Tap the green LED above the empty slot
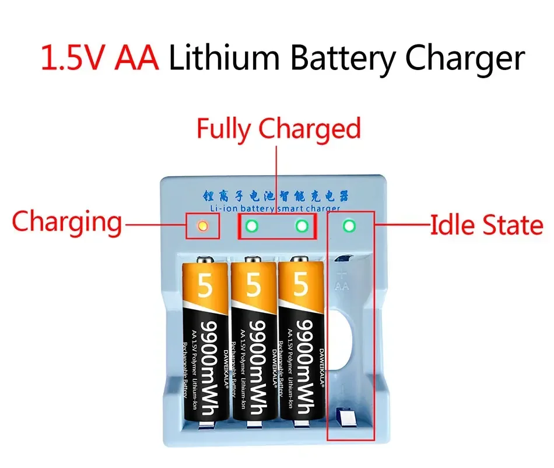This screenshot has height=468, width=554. point(349,225)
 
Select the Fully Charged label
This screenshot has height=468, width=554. point(278,128)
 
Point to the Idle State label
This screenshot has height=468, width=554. point(486,225)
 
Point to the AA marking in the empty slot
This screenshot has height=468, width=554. point(342,287)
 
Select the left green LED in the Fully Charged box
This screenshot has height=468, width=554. point(253,225)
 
